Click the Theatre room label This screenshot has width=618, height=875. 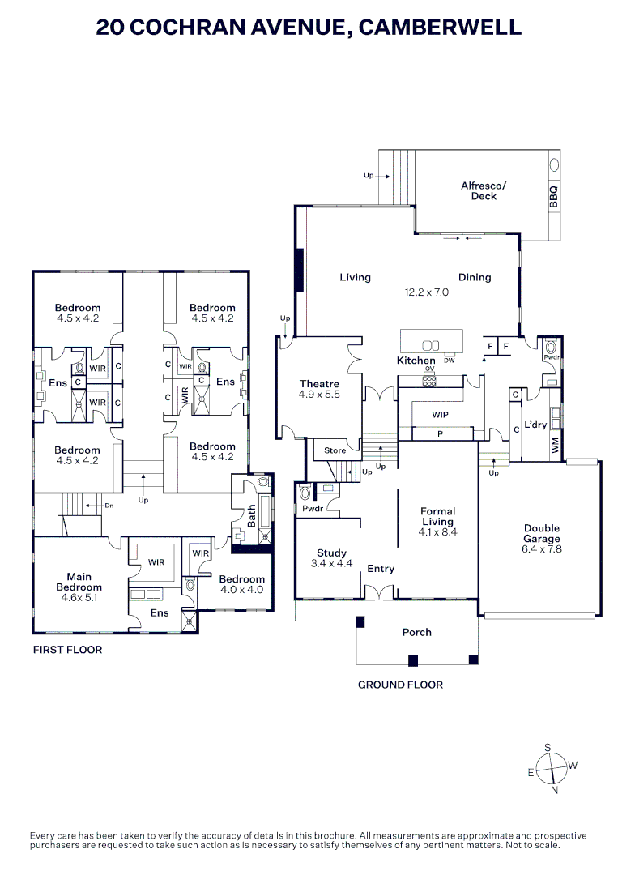[x=319, y=384]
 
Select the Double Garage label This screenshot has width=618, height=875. [x=541, y=532]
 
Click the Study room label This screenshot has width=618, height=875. [x=331, y=553]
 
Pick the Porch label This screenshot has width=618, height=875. [x=417, y=632]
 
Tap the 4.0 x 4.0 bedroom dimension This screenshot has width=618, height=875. [x=241, y=590]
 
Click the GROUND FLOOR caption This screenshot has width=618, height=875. [x=400, y=685]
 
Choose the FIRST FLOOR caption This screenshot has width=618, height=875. [x=67, y=650]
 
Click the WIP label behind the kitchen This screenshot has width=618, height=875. [x=440, y=414]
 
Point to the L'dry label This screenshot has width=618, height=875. [x=535, y=425]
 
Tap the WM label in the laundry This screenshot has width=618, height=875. [x=555, y=445]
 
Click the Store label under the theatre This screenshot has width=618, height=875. [x=335, y=450]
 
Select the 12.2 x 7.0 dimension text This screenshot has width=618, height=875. [x=426, y=292]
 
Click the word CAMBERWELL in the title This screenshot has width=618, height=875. [x=440, y=28]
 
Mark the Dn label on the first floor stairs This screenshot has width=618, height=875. [x=109, y=505]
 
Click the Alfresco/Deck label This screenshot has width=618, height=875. [x=484, y=190]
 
